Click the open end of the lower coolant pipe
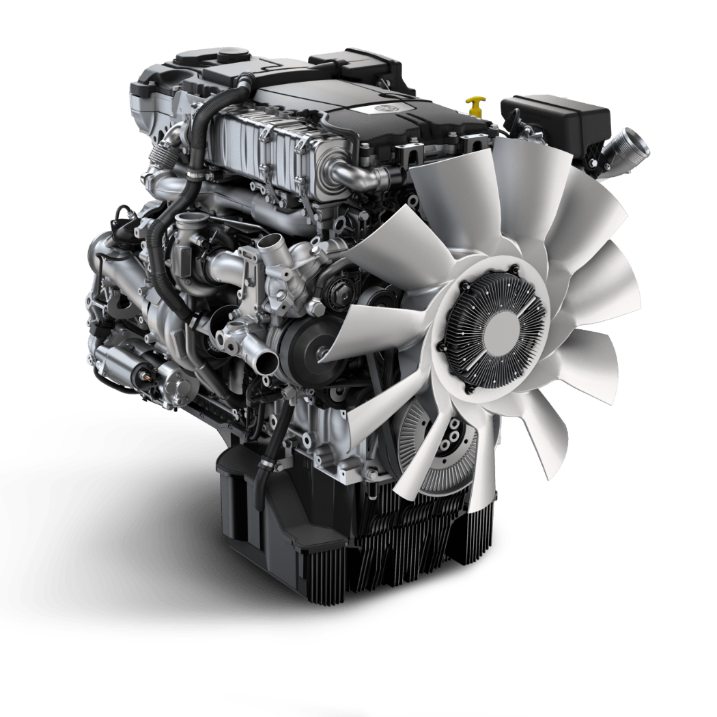(265, 361)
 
